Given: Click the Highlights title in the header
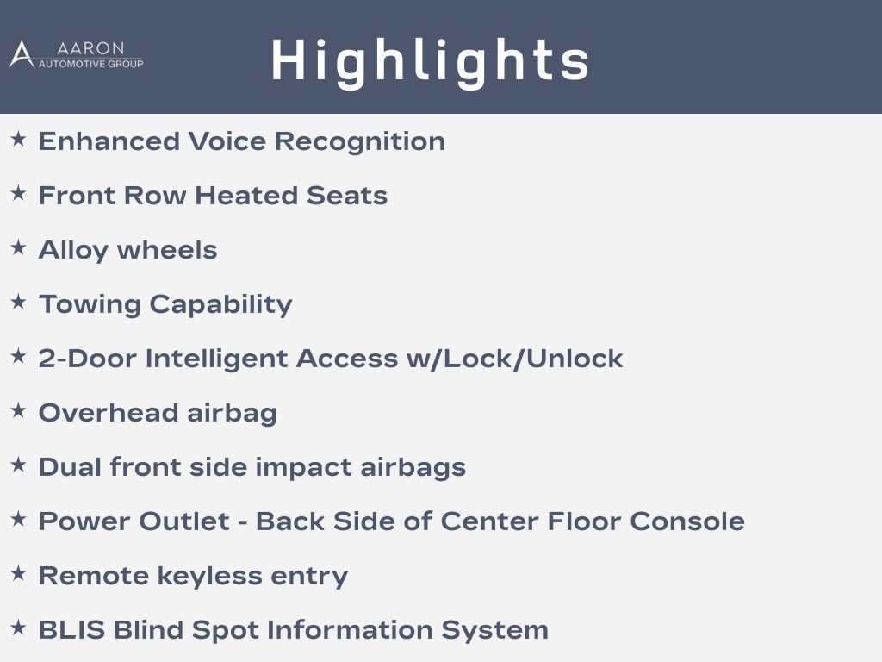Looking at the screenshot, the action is [431, 62].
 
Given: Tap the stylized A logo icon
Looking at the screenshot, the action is [22, 54].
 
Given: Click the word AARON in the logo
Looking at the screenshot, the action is [90, 48].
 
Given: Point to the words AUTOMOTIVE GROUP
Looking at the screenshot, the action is [90, 64].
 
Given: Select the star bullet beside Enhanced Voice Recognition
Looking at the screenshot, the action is [19, 139].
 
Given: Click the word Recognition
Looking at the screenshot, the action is [360, 141].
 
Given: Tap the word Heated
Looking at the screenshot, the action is [246, 196].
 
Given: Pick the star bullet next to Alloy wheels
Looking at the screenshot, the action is [19, 247].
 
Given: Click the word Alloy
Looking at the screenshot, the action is [73, 251].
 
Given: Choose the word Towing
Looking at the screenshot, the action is [90, 304].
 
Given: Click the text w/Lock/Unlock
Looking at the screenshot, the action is [515, 359].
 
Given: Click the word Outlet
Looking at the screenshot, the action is [184, 521].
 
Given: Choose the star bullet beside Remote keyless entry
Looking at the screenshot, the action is [19, 573].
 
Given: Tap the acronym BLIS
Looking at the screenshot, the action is [72, 630].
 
